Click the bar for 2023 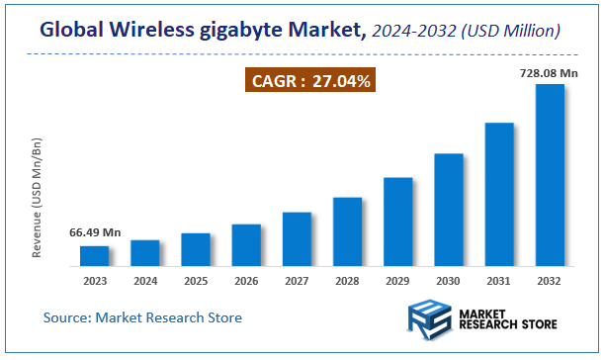(x=95, y=256)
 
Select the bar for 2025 (x=196, y=250)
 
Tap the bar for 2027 (x=297, y=239)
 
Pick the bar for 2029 (x=397, y=222)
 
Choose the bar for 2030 (x=448, y=210)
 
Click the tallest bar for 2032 (x=549, y=175)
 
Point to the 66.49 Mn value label (x=95, y=232)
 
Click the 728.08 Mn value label (x=550, y=72)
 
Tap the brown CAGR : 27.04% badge (x=309, y=81)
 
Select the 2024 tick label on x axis (x=145, y=280)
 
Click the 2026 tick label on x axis (x=246, y=280)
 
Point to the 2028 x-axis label (x=347, y=280)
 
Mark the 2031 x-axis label (x=498, y=280)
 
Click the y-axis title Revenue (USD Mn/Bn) (x=38, y=197)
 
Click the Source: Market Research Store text (x=142, y=317)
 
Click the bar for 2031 (x=498, y=195)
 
